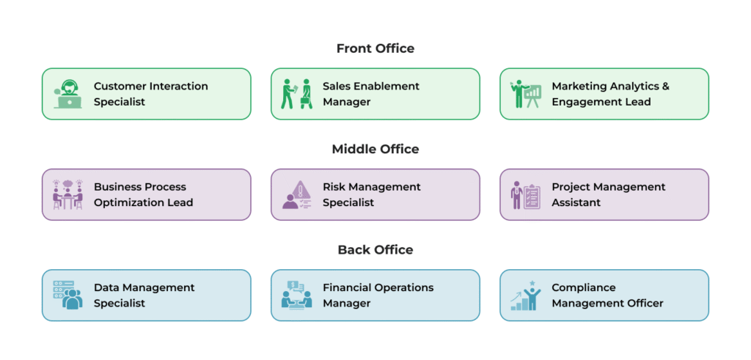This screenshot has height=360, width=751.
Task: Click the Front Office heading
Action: (375, 48)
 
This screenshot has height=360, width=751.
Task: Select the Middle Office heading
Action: (375, 150)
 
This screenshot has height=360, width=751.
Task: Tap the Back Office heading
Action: (375, 250)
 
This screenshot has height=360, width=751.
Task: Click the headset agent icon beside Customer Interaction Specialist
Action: (67, 94)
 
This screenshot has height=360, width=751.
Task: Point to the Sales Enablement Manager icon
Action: (296, 94)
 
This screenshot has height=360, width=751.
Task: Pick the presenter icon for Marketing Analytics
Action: (525, 94)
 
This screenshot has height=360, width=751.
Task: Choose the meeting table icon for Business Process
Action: (67, 194)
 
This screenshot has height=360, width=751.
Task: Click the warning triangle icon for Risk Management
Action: (296, 194)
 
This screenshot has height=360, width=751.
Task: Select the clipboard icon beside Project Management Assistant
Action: (525, 195)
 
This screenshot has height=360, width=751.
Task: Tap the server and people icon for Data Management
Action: (67, 295)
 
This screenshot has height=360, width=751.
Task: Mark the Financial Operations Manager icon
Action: (296, 295)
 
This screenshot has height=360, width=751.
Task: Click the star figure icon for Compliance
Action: (525, 295)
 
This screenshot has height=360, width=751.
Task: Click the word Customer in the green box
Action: (120, 87)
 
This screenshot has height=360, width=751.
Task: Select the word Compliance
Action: (584, 287)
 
